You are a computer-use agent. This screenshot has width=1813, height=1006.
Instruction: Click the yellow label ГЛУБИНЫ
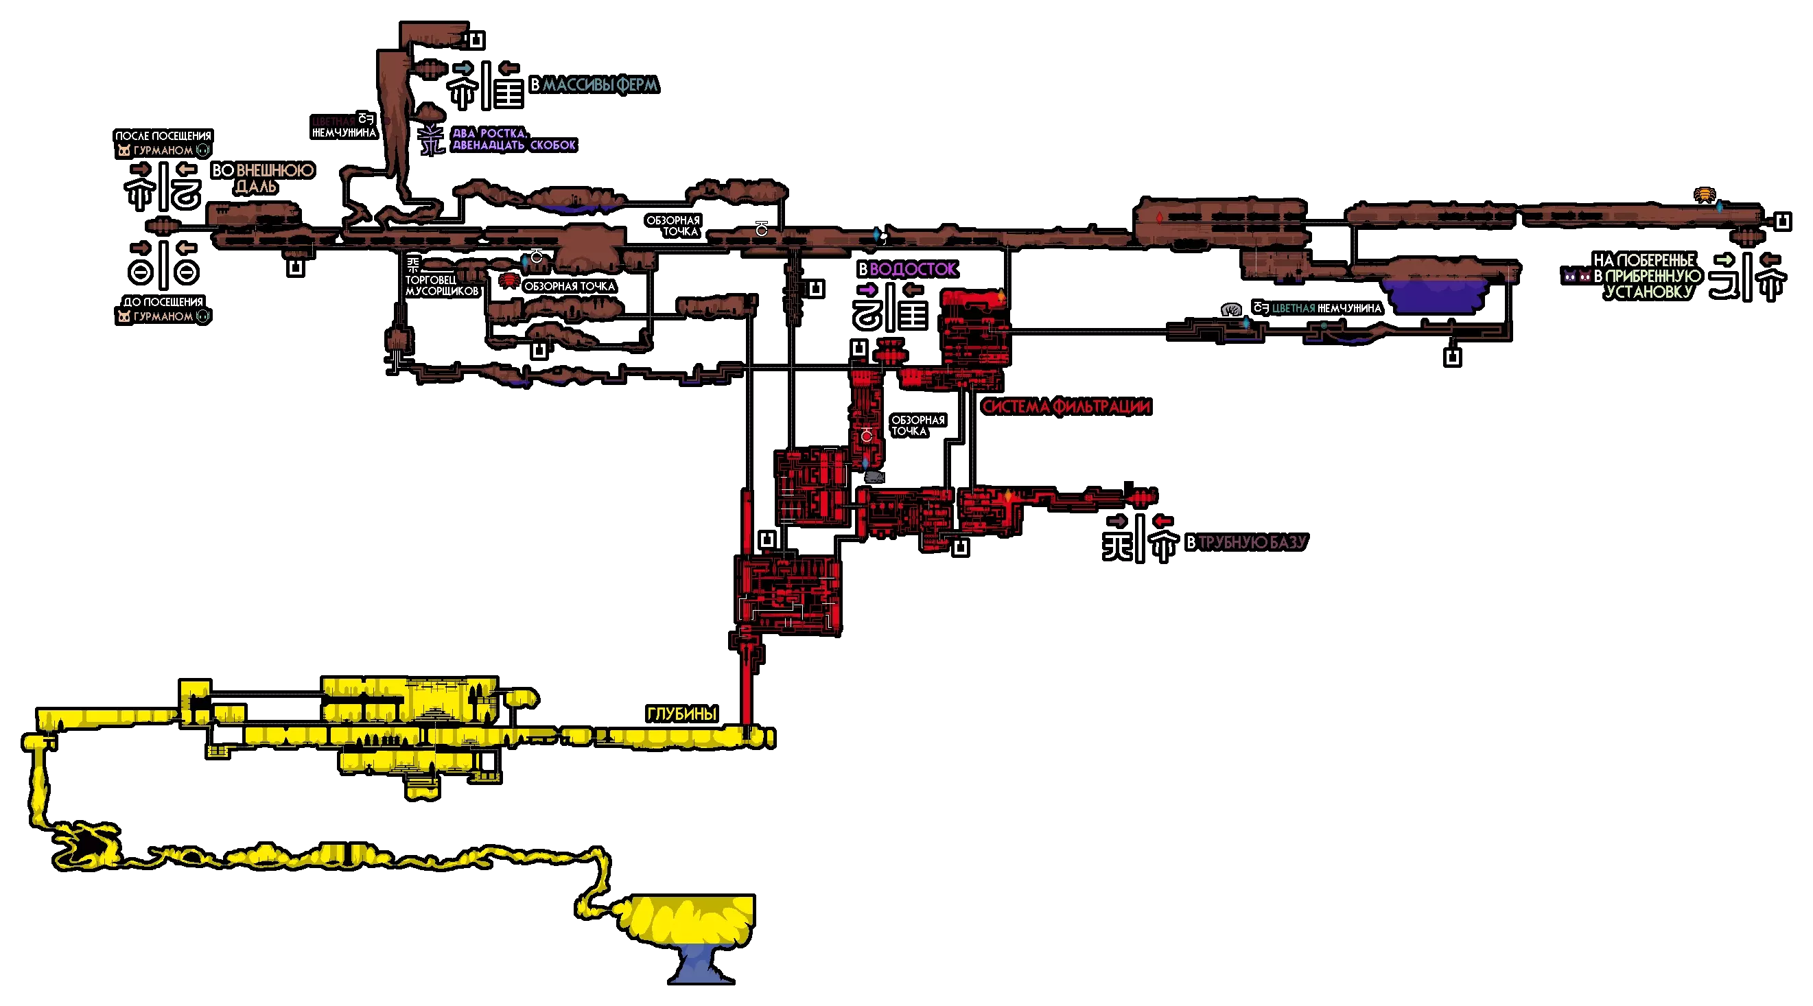pyautogui.click(x=681, y=714)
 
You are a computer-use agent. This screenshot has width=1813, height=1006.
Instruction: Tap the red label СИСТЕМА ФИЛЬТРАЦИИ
pyautogui.click(x=1066, y=407)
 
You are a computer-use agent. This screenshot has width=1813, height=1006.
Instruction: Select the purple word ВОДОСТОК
pyautogui.click(x=913, y=269)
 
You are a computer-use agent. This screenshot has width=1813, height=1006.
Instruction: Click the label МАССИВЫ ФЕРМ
pyautogui.click(x=600, y=85)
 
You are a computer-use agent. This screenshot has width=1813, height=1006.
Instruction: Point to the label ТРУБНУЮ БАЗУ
pyautogui.click(x=1252, y=542)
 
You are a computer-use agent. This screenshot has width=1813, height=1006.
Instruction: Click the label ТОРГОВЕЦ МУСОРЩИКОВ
pyautogui.click(x=441, y=285)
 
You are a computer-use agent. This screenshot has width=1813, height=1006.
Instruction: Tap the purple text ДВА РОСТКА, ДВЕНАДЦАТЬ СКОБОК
pyautogui.click(x=514, y=139)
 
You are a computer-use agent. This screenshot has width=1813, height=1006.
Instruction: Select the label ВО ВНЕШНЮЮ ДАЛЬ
pyautogui.click(x=263, y=178)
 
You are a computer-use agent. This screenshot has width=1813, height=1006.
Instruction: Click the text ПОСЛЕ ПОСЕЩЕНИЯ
pyautogui.click(x=163, y=136)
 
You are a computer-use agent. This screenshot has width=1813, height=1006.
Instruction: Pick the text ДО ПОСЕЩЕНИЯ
pyautogui.click(x=163, y=302)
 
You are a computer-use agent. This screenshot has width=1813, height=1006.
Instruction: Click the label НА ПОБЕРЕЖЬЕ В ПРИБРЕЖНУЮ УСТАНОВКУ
pyautogui.click(x=1648, y=276)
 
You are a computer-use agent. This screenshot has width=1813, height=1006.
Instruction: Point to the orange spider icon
pyautogui.click(x=1704, y=194)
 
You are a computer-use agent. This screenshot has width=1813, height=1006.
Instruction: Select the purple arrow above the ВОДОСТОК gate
pyautogui.click(x=867, y=290)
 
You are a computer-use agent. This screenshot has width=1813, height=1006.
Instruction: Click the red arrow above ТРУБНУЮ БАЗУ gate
pyautogui.click(x=1162, y=521)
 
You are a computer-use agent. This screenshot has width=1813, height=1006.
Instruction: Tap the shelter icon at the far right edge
pyautogui.click(x=1782, y=222)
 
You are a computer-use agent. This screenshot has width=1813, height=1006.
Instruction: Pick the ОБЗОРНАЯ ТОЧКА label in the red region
pyautogui.click(x=917, y=425)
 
